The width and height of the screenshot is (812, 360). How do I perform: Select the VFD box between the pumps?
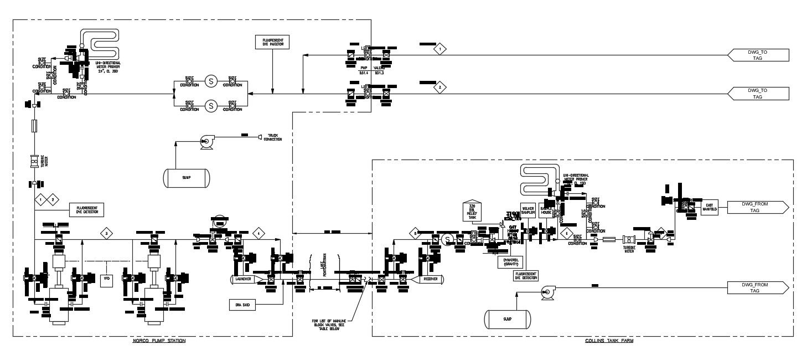(x=106, y=280)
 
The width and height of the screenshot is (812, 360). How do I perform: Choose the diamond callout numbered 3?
(x=106, y=233)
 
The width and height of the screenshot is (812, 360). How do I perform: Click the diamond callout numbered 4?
(x=258, y=233)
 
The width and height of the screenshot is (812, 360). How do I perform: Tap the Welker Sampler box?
(x=527, y=210)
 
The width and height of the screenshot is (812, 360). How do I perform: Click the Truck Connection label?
(x=272, y=137)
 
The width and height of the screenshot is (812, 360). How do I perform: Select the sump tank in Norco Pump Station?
(x=187, y=178)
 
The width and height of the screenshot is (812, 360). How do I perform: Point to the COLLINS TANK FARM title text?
(x=609, y=341)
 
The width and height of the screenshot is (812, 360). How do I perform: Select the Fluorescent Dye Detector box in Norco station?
(x=87, y=209)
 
